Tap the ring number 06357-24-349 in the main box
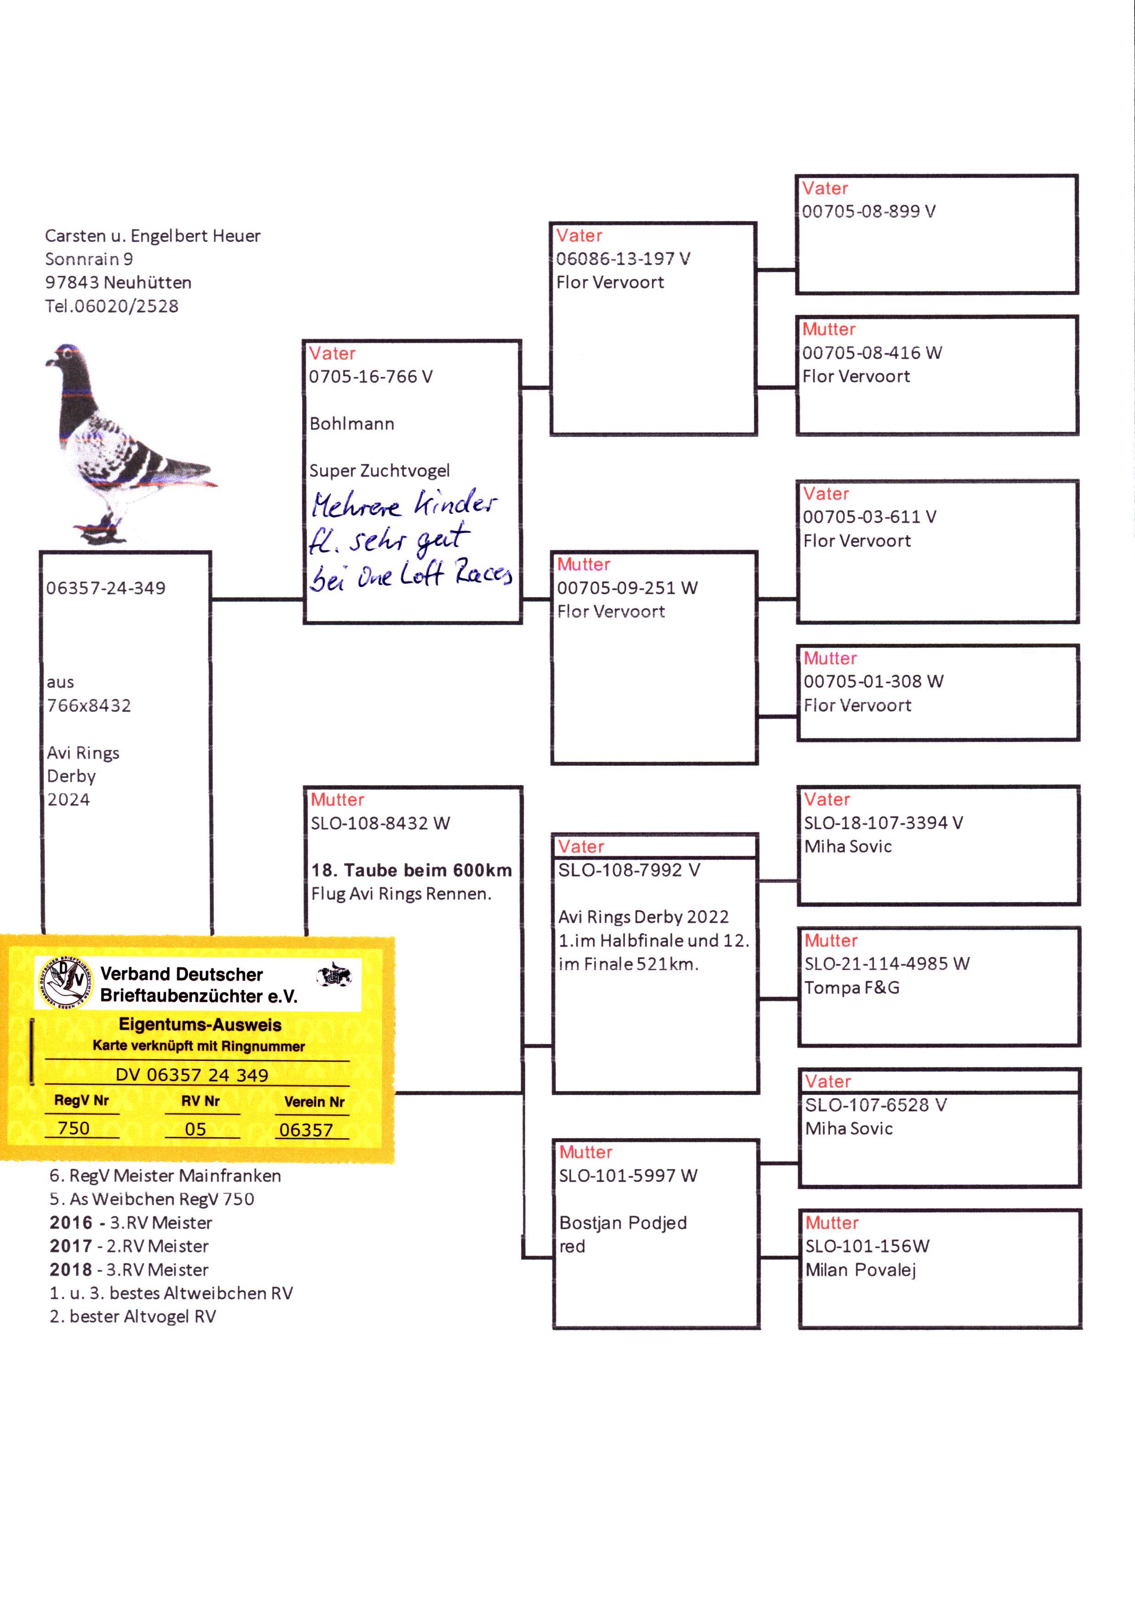click(x=106, y=588)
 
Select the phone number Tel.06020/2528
click(x=112, y=306)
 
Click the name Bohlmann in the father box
click(x=352, y=424)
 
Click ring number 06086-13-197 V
click(x=623, y=259)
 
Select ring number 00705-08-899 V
click(x=869, y=212)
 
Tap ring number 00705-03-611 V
click(x=870, y=517)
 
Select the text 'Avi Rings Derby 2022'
click(x=643, y=917)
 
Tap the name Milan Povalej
click(x=860, y=1270)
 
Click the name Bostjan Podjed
click(x=623, y=1223)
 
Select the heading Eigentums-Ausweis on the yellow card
click(x=200, y=1025)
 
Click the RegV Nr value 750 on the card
click(x=74, y=1128)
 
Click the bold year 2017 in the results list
click(x=71, y=1246)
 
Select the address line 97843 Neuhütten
click(x=118, y=283)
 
